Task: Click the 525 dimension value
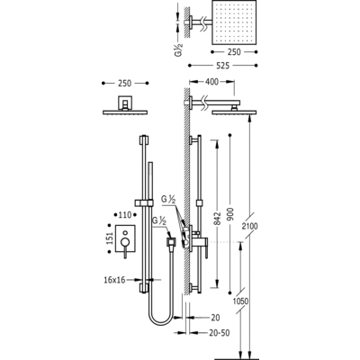pos(222,65)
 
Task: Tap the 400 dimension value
pos(212,82)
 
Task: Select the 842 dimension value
pos(218,219)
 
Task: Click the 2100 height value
pos(250,226)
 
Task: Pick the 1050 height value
pos(241,301)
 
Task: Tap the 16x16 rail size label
pos(114,280)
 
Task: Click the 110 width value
pos(125,215)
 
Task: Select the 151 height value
pos(110,238)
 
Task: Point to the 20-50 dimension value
pos(220,333)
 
